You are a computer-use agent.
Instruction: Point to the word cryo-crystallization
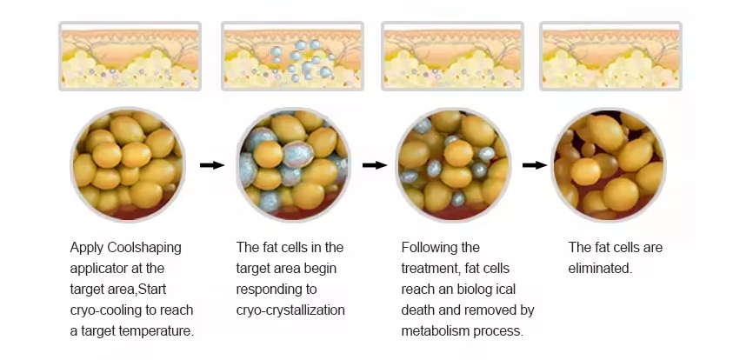click(290, 310)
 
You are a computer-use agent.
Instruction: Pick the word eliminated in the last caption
click(600, 269)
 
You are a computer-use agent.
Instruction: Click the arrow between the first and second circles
click(212, 165)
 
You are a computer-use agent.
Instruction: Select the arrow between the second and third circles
click(375, 165)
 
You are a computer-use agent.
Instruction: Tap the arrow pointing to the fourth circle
click(535, 165)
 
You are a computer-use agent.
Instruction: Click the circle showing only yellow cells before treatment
click(128, 164)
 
